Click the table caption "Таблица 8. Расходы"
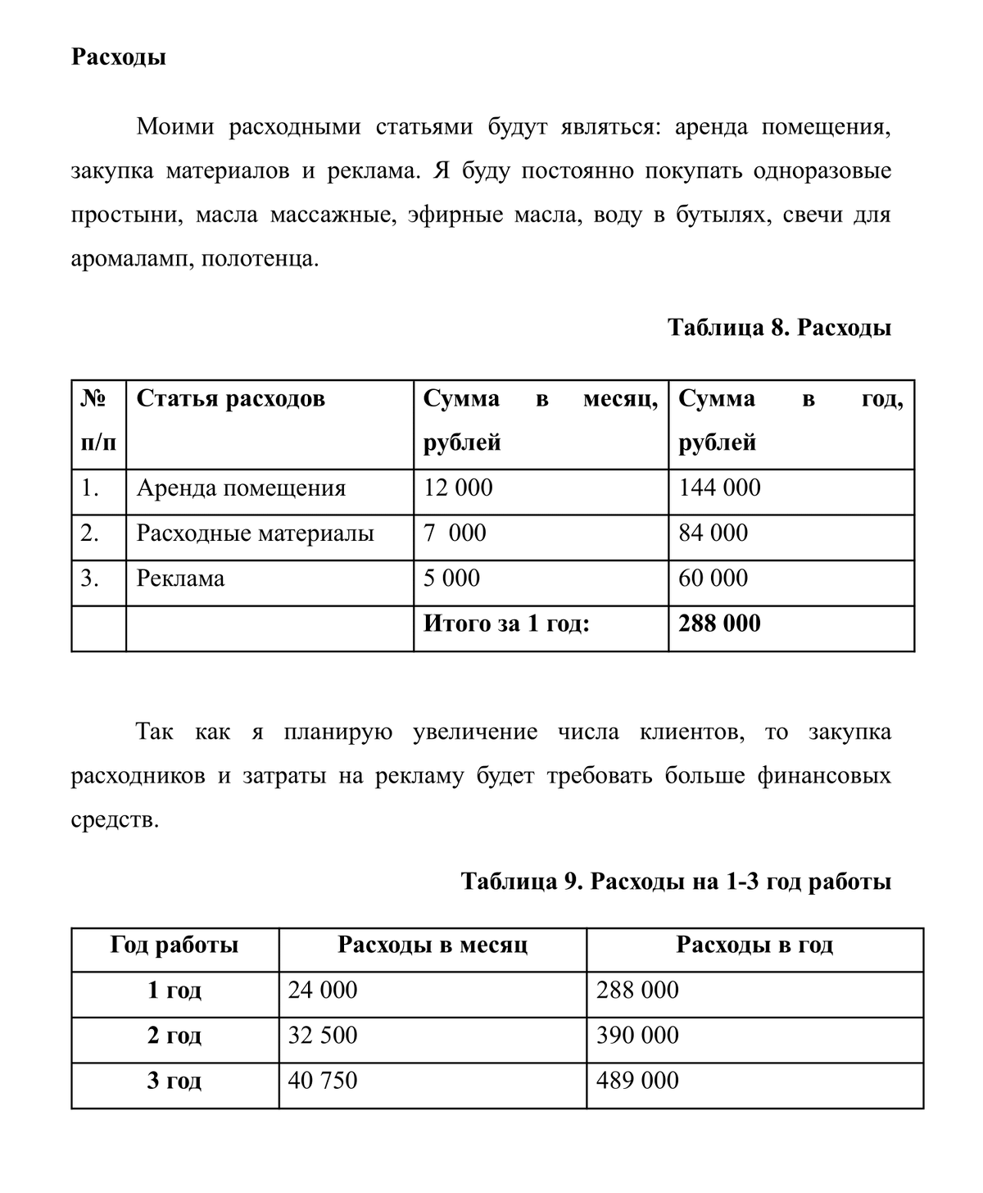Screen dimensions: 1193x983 (779, 328)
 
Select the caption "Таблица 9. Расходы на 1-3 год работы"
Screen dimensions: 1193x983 (676, 882)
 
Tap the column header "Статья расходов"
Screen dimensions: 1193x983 (230, 399)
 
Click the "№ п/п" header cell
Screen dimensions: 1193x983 (98, 421)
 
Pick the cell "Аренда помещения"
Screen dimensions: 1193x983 (241, 488)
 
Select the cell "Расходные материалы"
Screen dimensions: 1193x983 (255, 533)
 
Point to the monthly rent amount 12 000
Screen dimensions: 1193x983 (458, 488)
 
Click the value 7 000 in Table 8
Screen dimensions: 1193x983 (455, 533)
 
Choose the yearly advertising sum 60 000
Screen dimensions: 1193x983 (713, 578)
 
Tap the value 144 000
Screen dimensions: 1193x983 (719, 488)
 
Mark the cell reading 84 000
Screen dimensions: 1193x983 (713, 533)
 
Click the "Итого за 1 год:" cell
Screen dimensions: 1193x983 (505, 624)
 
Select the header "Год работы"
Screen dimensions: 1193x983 (174, 946)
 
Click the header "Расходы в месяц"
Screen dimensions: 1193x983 (433, 946)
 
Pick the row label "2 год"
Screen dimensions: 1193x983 (174, 1036)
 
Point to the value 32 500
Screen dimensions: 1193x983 (323, 1036)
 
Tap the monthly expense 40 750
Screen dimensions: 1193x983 (323, 1081)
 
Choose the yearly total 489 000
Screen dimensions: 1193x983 (637, 1081)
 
